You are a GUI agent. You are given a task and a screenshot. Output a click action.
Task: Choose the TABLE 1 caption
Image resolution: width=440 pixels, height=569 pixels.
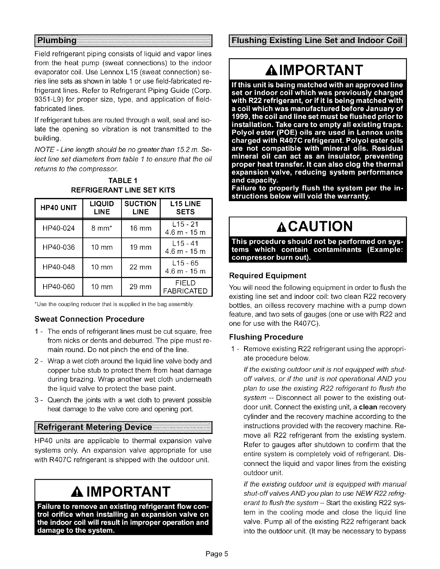click(x=124, y=180)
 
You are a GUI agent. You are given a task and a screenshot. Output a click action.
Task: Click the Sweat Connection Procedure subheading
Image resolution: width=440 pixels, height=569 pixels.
click(x=89, y=319)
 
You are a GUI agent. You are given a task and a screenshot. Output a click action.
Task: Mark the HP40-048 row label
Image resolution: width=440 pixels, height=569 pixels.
click(x=59, y=267)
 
